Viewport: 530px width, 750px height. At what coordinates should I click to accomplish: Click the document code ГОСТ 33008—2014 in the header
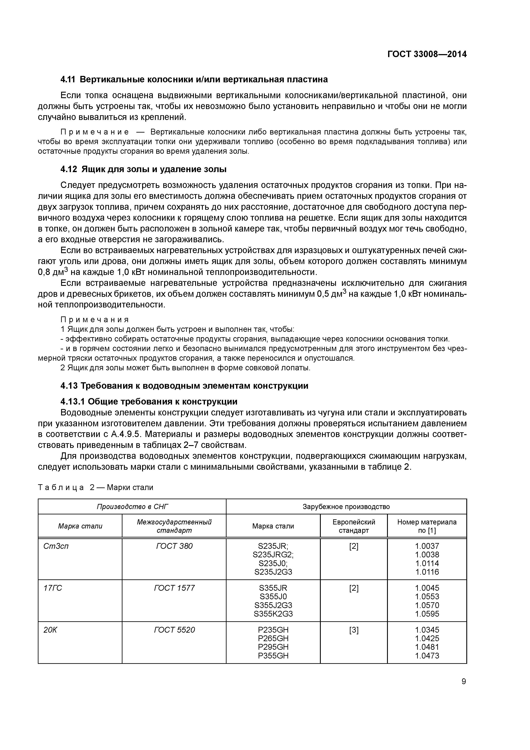click(x=427, y=54)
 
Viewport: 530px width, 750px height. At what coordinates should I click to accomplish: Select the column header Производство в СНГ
click(x=132, y=507)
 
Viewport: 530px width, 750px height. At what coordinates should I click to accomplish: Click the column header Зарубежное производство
click(x=346, y=507)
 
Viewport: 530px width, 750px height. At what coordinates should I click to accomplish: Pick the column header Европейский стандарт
click(x=354, y=526)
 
